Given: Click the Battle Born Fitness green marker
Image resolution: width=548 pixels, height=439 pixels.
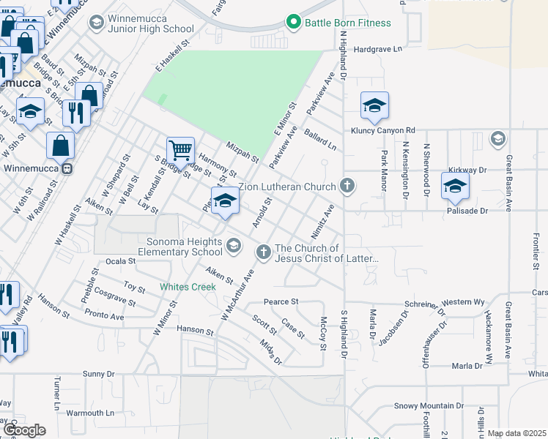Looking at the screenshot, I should tap(294, 23).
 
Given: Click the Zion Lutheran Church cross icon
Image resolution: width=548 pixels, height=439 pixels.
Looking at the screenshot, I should tap(347, 187).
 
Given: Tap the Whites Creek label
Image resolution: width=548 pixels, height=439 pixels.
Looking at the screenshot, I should tap(188, 287).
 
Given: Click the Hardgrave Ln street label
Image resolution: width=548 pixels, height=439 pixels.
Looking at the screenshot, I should tap(378, 49).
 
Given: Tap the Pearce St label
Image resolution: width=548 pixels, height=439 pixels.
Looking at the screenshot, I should tap(281, 301).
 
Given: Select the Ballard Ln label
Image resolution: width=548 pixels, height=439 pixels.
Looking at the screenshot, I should tap(320, 137).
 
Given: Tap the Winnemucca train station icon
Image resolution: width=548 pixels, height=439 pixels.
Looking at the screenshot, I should tap(67, 169).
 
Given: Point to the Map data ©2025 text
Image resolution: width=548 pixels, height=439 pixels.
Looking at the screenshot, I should tap(516, 433).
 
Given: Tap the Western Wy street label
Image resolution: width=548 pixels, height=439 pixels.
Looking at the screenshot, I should tap(463, 301).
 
